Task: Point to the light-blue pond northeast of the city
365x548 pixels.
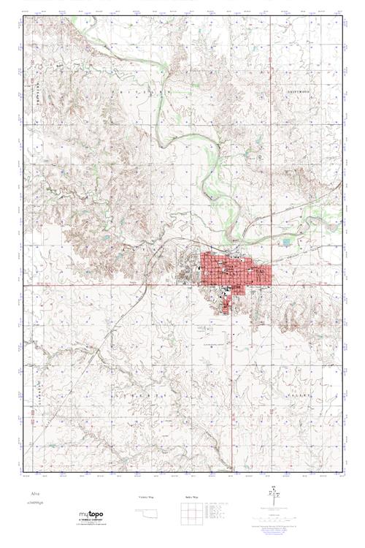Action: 286,240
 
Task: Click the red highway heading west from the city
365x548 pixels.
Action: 109,283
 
